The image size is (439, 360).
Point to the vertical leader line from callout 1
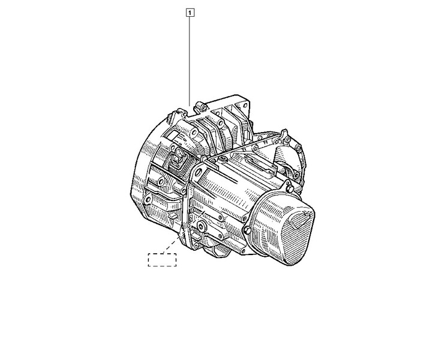coord(190,60)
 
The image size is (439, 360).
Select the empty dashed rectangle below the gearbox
coord(162,259)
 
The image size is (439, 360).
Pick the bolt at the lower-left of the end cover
coord(246,232)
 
